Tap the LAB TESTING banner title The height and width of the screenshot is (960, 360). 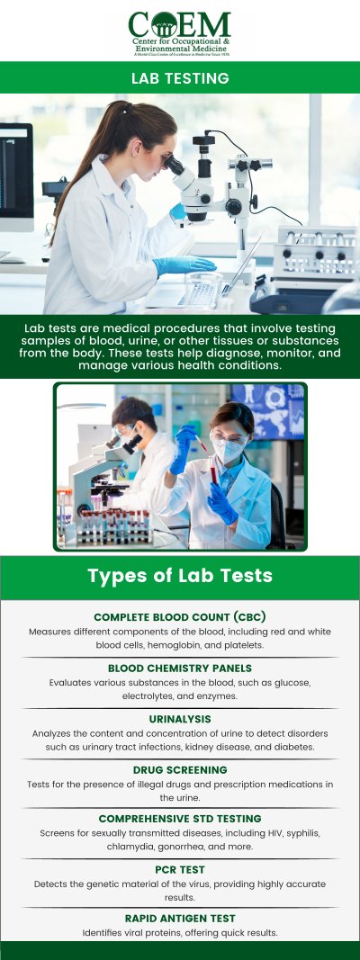[x=180, y=78]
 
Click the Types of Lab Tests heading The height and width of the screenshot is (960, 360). [x=180, y=576]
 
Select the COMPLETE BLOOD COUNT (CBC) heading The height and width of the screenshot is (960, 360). [x=180, y=617]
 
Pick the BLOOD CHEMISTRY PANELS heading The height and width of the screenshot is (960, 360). [x=180, y=668]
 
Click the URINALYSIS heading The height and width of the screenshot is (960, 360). [x=180, y=720]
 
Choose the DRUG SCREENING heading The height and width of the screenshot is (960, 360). [x=180, y=770]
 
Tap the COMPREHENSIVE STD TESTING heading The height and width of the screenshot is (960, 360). [x=180, y=819]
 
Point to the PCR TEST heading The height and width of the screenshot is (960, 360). [x=180, y=870]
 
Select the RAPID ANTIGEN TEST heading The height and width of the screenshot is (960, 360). [x=180, y=919]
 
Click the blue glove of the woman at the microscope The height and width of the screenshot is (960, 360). [x=184, y=265]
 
